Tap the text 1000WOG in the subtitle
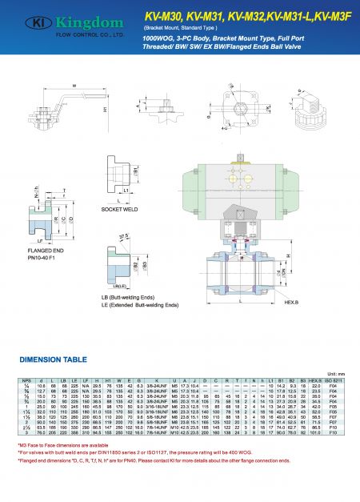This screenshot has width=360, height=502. (158, 38)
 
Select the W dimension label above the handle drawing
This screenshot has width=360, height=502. (74, 86)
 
